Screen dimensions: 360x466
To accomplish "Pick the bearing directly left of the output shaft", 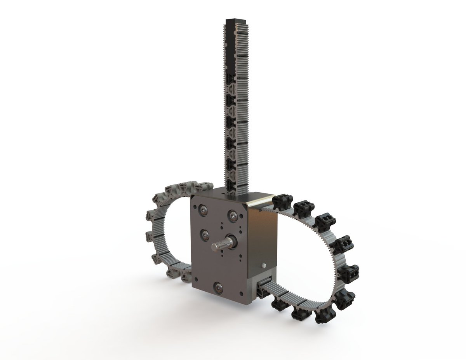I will pos(205,234).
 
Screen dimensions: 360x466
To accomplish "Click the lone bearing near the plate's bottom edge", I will pos(219,287).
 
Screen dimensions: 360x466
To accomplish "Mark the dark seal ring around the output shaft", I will pos(231,243).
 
